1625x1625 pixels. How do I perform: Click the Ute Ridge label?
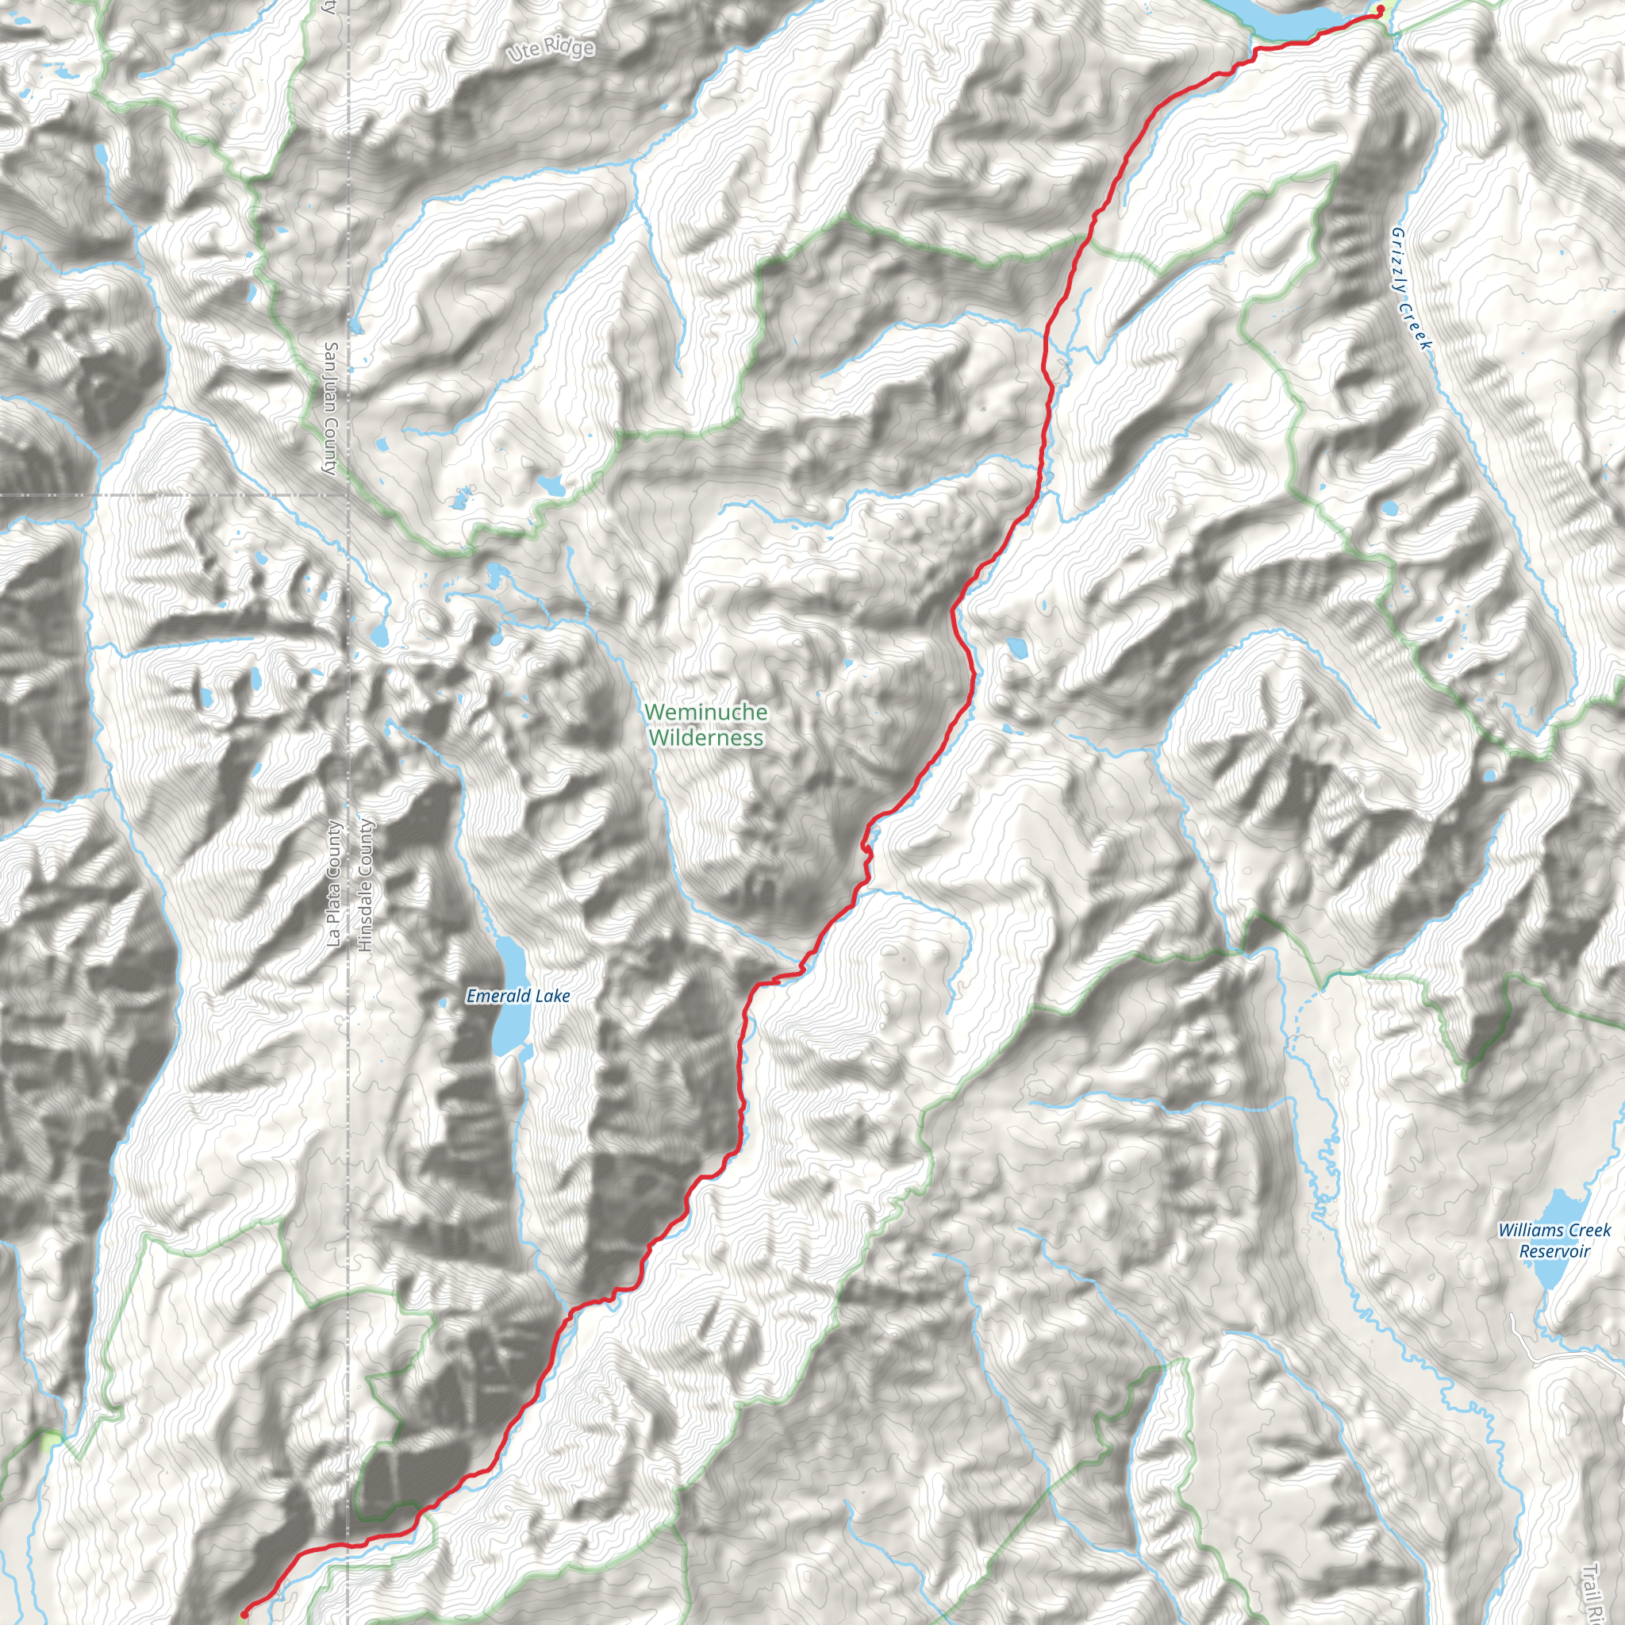point(551,50)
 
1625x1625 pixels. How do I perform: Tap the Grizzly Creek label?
point(1411,289)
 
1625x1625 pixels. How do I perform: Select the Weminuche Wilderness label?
point(705,724)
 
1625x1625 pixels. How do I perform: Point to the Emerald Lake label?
point(518,996)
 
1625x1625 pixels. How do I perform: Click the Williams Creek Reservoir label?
point(1554,1241)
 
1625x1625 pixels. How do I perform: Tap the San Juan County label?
point(331,408)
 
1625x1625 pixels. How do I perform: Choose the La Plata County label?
point(334,884)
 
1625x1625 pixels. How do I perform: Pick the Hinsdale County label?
point(364,885)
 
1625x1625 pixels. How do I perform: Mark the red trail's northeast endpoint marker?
point(1381,10)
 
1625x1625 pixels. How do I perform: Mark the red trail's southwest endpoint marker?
point(244,1614)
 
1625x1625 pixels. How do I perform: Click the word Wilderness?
point(705,738)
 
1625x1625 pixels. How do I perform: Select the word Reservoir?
point(1554,1251)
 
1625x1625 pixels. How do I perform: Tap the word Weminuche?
point(705,712)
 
